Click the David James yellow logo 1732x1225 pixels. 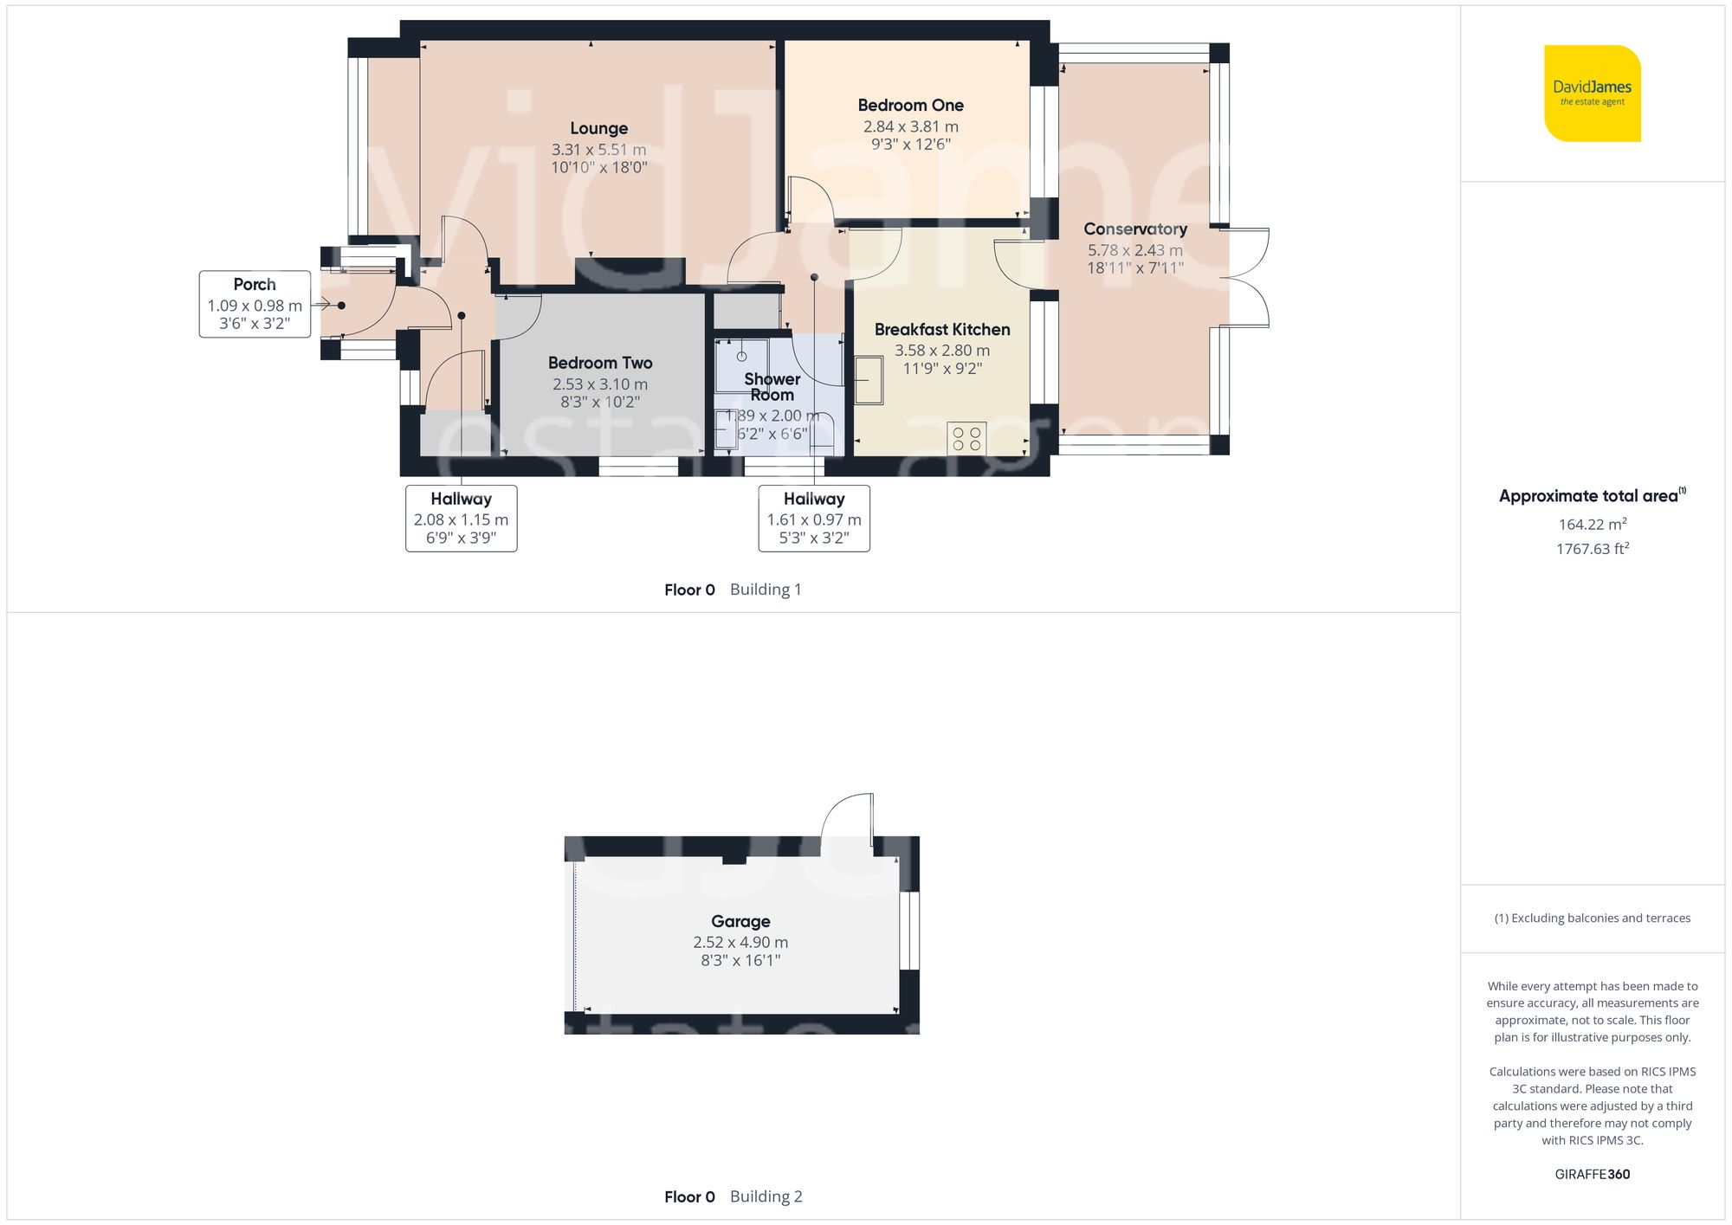click(1592, 93)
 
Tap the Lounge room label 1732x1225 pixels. click(598, 128)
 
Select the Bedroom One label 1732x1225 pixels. click(910, 105)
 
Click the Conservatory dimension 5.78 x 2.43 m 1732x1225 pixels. click(1134, 250)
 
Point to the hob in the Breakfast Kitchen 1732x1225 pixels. click(966, 438)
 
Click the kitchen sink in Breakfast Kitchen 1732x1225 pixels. click(869, 380)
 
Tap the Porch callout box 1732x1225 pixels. click(255, 304)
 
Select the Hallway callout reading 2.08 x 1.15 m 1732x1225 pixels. click(461, 519)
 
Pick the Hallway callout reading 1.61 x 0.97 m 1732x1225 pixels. click(813, 519)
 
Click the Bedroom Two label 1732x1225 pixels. click(599, 363)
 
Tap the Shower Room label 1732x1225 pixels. click(772, 386)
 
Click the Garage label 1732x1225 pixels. click(740, 921)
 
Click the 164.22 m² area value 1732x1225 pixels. click(1592, 524)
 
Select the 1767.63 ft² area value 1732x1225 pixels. click(1592, 548)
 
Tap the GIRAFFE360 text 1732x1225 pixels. click(1592, 1174)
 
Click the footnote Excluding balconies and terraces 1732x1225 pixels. click(1592, 918)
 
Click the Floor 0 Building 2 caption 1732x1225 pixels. click(733, 1196)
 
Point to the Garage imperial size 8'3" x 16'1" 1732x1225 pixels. click(740, 960)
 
